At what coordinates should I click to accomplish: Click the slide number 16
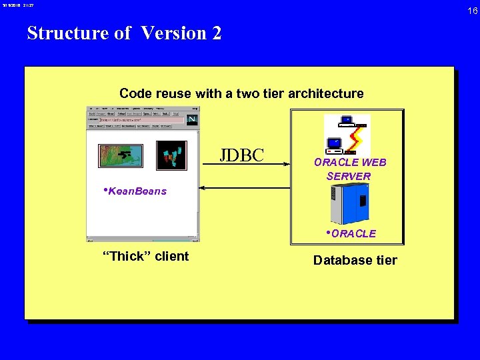click(x=471, y=11)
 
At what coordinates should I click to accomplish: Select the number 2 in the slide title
click(x=217, y=33)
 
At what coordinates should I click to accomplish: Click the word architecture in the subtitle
click(x=326, y=93)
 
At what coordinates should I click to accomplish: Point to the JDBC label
click(x=242, y=155)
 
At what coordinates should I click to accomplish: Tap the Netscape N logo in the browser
click(x=193, y=119)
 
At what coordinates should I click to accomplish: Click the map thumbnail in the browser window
click(x=120, y=155)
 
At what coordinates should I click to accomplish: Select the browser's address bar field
click(x=140, y=120)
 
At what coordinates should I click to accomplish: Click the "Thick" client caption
click(x=145, y=257)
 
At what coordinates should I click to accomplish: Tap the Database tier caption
click(x=355, y=260)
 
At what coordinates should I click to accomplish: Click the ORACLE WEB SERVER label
click(x=349, y=169)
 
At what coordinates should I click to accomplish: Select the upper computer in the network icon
click(x=347, y=121)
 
